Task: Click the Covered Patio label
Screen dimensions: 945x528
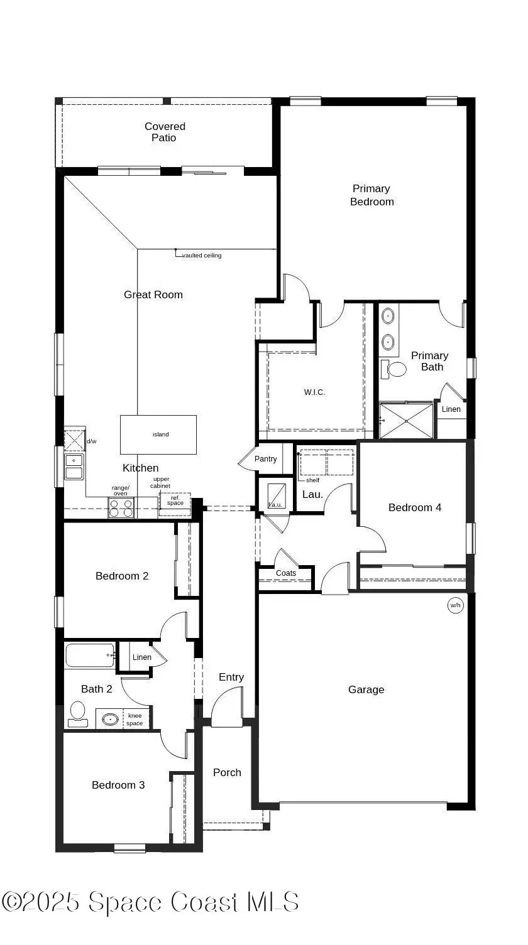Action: pyautogui.click(x=165, y=132)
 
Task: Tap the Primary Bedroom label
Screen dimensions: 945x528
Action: pyautogui.click(x=371, y=195)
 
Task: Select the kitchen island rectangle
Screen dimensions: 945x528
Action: pyautogui.click(x=158, y=435)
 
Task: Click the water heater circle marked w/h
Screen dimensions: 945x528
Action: pyautogui.click(x=454, y=605)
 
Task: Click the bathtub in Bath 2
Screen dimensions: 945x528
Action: pyautogui.click(x=90, y=656)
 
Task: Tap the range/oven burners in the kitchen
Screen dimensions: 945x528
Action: pyautogui.click(x=121, y=507)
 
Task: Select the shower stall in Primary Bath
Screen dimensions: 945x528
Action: pyautogui.click(x=407, y=421)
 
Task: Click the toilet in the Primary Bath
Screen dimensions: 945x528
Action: pyautogui.click(x=394, y=369)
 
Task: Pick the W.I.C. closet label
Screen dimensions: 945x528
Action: pyautogui.click(x=314, y=392)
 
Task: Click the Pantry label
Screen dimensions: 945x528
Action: pyautogui.click(x=265, y=459)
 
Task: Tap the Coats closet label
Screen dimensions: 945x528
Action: pyautogui.click(x=286, y=573)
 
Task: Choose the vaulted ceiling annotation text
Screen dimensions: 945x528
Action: pyautogui.click(x=201, y=256)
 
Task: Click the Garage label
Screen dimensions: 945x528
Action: pyautogui.click(x=366, y=689)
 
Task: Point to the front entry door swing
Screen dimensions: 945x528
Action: pyautogui.click(x=227, y=707)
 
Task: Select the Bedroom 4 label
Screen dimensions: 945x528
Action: pyautogui.click(x=414, y=507)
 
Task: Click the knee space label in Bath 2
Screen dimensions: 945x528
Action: pyautogui.click(x=135, y=720)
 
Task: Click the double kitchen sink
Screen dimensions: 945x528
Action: pyautogui.click(x=74, y=466)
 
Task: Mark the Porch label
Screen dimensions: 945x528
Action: pyautogui.click(x=227, y=772)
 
